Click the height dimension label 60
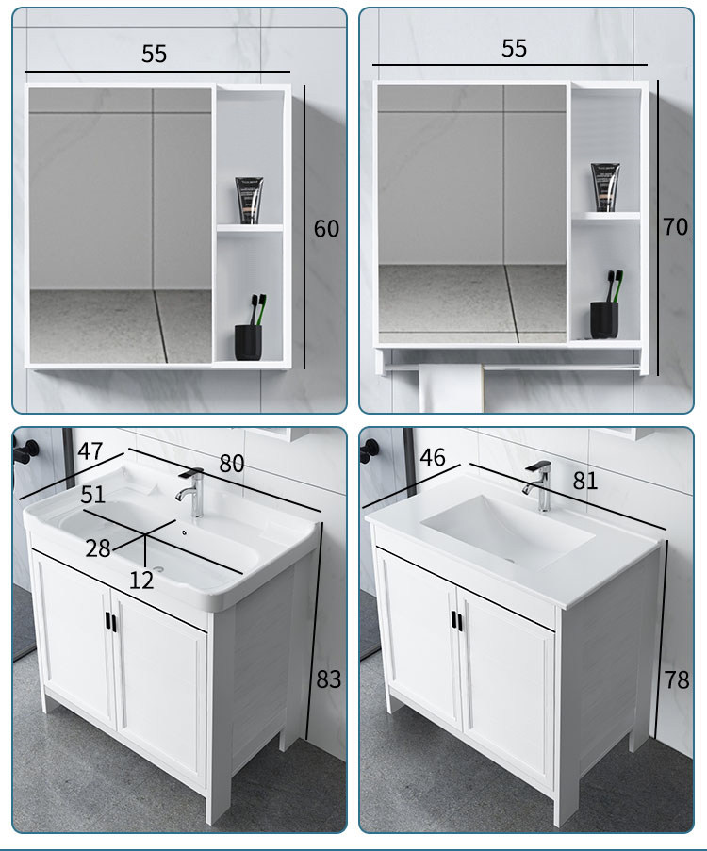pyautogui.click(x=326, y=228)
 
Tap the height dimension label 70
pyautogui.click(x=676, y=227)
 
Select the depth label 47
pyautogui.click(x=90, y=451)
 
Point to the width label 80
pyautogui.click(x=232, y=464)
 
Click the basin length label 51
pyautogui.click(x=93, y=495)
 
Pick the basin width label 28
pyautogui.click(x=98, y=548)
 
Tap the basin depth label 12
pyautogui.click(x=141, y=581)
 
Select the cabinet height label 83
pyautogui.click(x=329, y=679)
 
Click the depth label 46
pyautogui.click(x=433, y=457)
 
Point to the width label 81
pyautogui.click(x=584, y=481)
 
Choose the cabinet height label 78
pyautogui.click(x=677, y=680)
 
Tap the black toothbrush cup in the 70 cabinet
pyautogui.click(x=604, y=319)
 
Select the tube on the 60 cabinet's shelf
pyautogui.click(x=249, y=200)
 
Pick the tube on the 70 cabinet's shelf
pyautogui.click(x=605, y=188)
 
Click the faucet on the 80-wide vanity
pyautogui.click(x=191, y=492)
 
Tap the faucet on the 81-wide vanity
pyautogui.click(x=538, y=485)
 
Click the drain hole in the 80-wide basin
pyautogui.click(x=158, y=569)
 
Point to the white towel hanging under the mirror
pyautogui.click(x=451, y=387)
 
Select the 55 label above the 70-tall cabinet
pyautogui.click(x=514, y=48)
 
